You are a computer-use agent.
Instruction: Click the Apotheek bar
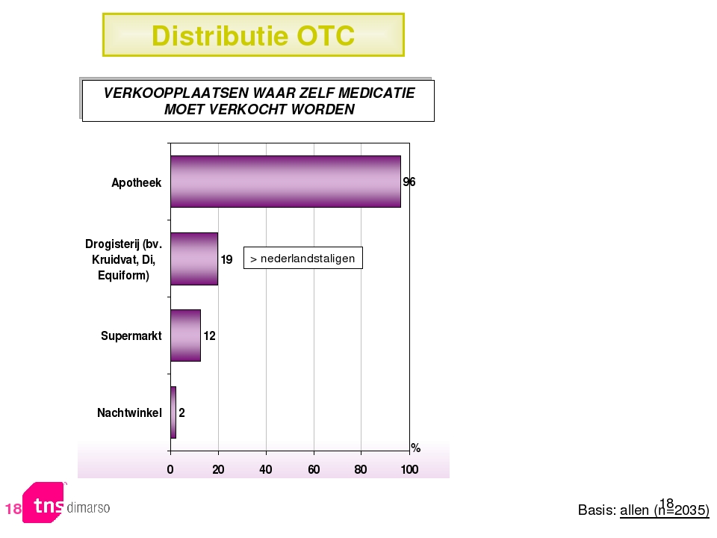(x=286, y=182)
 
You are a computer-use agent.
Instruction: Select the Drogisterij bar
(x=194, y=259)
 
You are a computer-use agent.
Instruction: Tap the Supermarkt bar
(x=186, y=336)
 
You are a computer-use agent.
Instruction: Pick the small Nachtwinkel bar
(x=173, y=412)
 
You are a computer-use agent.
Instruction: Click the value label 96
(x=409, y=182)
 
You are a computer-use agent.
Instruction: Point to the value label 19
(x=227, y=259)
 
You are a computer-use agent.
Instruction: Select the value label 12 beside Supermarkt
(x=209, y=336)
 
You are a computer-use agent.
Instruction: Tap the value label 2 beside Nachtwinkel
(x=181, y=412)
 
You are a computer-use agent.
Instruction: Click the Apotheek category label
(x=136, y=183)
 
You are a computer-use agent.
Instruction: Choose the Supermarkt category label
(x=131, y=336)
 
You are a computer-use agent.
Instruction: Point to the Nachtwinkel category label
(x=129, y=413)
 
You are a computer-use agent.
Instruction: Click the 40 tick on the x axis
(x=266, y=469)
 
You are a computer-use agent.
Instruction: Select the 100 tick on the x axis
(x=410, y=469)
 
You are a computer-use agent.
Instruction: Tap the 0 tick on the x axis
(x=170, y=469)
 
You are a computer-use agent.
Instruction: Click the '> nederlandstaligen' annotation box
(x=303, y=258)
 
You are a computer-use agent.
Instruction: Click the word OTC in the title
(x=326, y=36)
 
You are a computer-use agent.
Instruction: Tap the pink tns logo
(x=44, y=502)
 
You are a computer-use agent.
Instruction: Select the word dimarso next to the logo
(x=88, y=507)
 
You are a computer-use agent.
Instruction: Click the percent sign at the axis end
(x=416, y=448)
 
